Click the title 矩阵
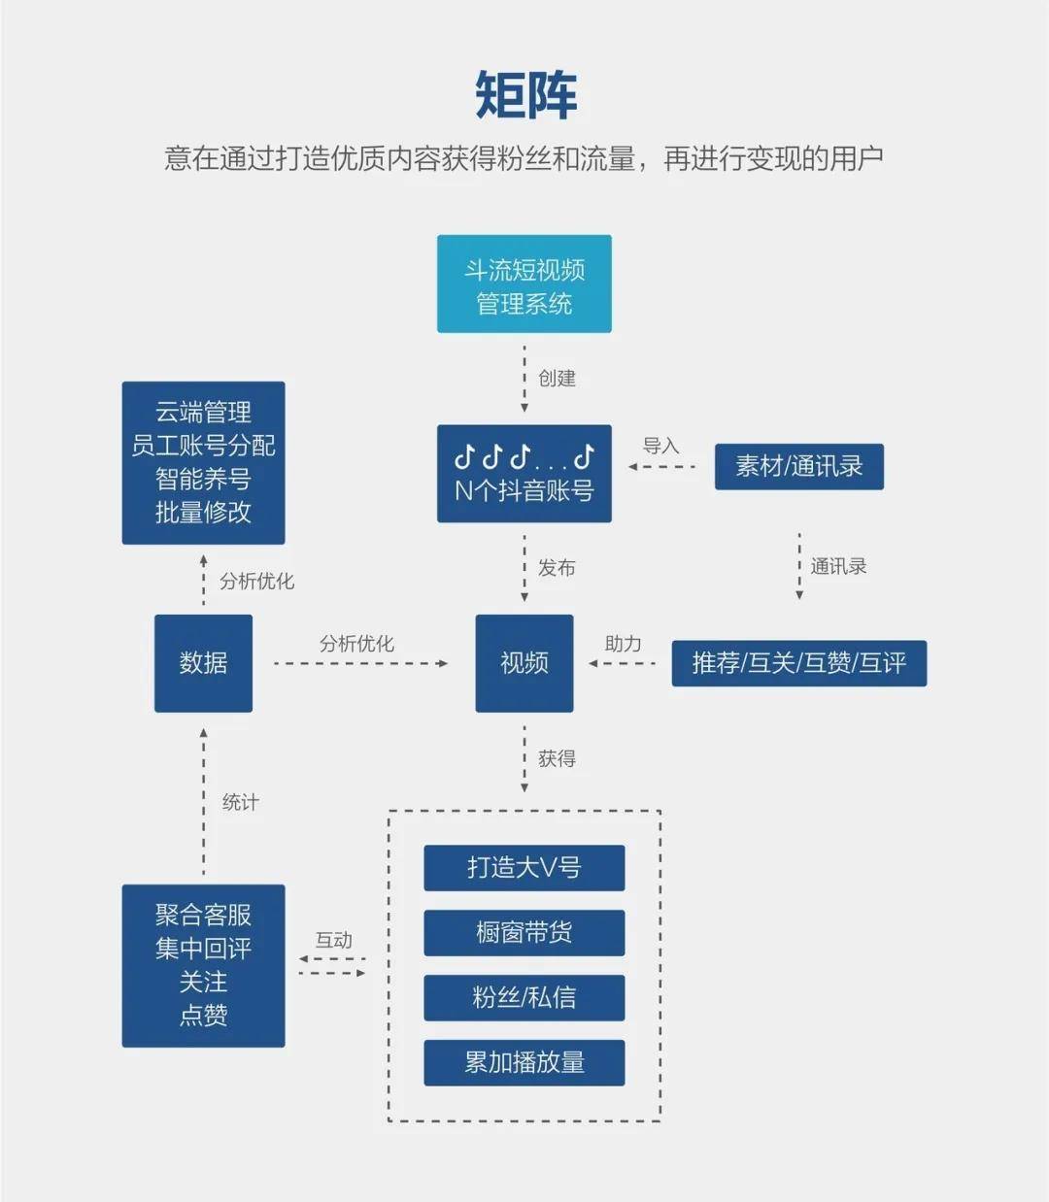[x=525, y=95]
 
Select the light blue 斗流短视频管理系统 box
[x=524, y=284]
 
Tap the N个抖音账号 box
[x=524, y=474]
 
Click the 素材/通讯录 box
[x=798, y=467]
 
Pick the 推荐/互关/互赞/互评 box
[x=798, y=663]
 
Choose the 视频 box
[x=524, y=663]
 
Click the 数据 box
[x=203, y=663]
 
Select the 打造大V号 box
[x=524, y=867]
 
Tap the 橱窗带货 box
[x=524, y=932]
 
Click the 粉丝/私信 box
[x=524, y=997]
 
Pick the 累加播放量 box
[x=524, y=1062]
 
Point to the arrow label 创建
[x=557, y=379]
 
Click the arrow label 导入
[x=660, y=446]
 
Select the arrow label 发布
[x=557, y=568]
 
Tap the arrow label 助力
[x=623, y=644]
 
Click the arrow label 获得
[x=557, y=758]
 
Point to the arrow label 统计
[x=241, y=802]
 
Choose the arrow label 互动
[x=333, y=940]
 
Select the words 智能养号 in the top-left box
[x=203, y=479]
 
